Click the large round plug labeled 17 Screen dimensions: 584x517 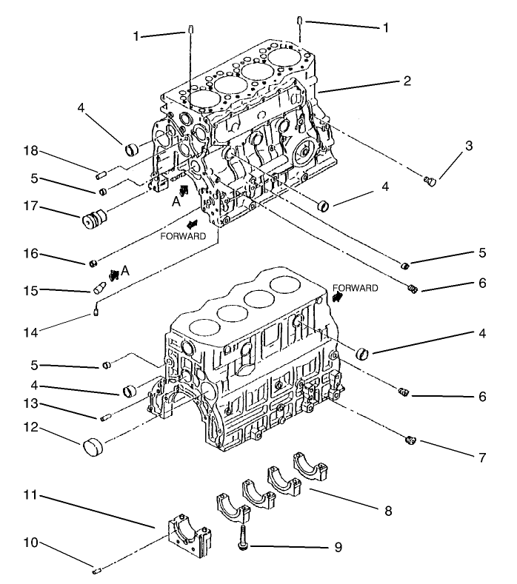[95, 220]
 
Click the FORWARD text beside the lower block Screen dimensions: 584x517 [356, 287]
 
